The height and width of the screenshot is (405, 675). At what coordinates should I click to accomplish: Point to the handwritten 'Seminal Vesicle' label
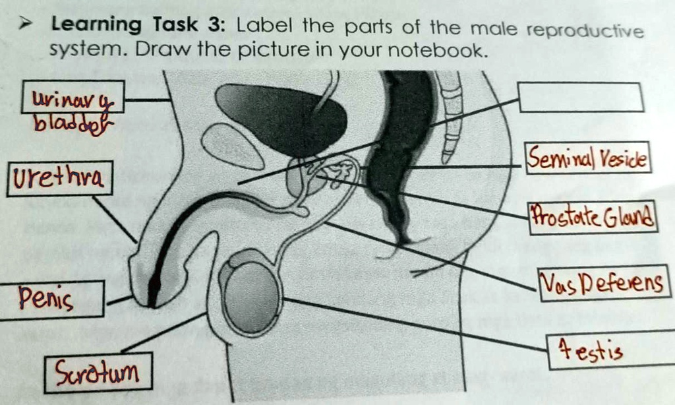588,158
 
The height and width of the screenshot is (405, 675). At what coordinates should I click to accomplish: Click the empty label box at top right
581,97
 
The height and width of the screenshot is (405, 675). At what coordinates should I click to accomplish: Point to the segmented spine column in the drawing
451,112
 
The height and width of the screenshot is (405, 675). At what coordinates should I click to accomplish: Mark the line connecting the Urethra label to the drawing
115,219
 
